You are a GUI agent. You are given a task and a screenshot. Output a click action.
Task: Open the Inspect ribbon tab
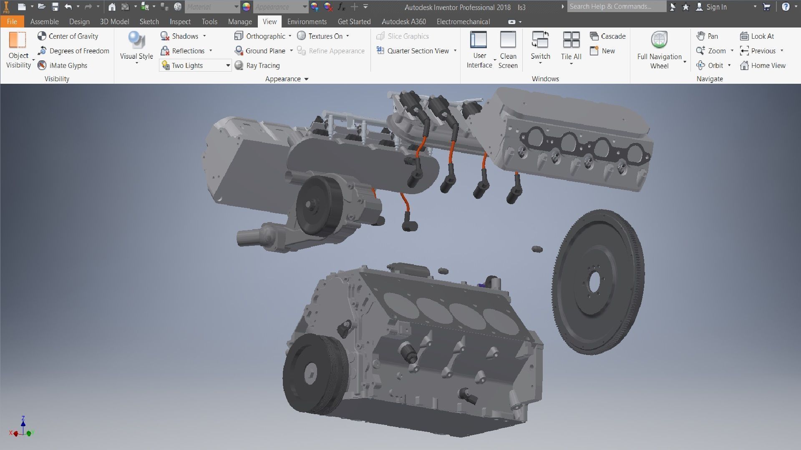[x=180, y=22]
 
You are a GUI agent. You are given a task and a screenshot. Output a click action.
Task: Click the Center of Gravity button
[x=68, y=36]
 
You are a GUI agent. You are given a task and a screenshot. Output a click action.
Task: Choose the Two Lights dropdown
[x=195, y=65]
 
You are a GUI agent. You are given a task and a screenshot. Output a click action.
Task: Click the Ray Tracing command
[x=257, y=65]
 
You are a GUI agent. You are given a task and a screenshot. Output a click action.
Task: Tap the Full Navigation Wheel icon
[x=659, y=40]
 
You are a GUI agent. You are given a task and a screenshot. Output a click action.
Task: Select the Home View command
[x=763, y=65]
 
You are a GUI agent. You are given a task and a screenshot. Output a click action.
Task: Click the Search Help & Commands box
[x=616, y=7]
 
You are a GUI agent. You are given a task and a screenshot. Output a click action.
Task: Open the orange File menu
[x=12, y=22]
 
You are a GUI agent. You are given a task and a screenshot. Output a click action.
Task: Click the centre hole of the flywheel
[x=594, y=282]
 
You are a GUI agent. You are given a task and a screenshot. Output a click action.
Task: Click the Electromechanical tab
[x=463, y=22]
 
